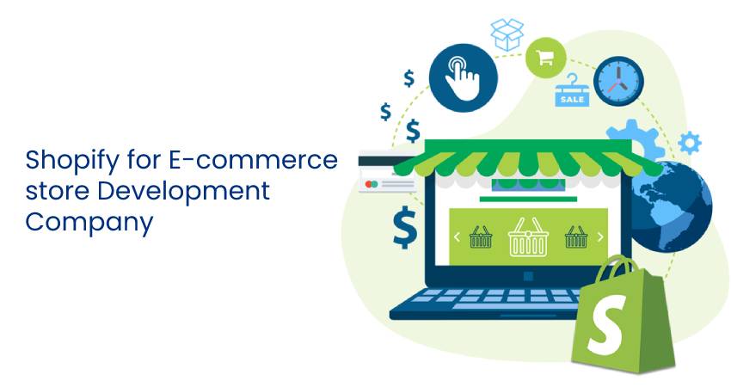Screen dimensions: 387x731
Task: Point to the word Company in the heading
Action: tap(89, 221)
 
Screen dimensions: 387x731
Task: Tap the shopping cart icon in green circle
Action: tap(545, 58)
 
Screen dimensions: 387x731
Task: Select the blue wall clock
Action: tap(619, 82)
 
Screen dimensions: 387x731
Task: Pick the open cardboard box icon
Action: tap(507, 34)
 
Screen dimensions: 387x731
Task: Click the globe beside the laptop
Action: tap(672, 206)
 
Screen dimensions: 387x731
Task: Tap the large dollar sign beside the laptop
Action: tap(403, 226)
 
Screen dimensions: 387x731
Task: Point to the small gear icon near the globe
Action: tap(689, 143)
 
